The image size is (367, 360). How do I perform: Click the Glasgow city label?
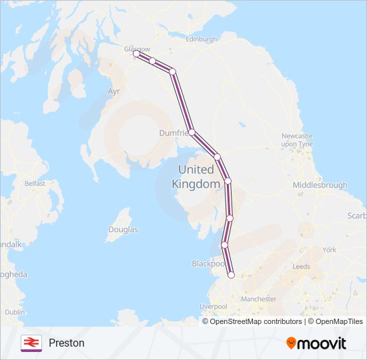click(x=137, y=49)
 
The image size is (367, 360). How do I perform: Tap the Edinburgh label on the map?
click(x=202, y=39)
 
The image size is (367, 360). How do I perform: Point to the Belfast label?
click(x=34, y=183)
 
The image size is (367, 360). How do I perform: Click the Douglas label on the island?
click(x=123, y=229)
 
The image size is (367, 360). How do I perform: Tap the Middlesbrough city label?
click(x=320, y=185)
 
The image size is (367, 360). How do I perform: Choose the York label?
click(x=329, y=250)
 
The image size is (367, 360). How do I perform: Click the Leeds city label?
click(x=301, y=266)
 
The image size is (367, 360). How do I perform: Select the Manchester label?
click(x=258, y=299)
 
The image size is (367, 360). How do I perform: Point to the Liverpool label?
click(x=214, y=307)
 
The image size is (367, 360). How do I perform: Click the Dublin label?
click(x=15, y=311)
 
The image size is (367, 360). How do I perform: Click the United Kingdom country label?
click(x=196, y=177)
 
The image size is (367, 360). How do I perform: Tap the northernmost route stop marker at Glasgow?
click(x=137, y=55)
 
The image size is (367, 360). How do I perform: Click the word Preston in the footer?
click(x=67, y=343)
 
